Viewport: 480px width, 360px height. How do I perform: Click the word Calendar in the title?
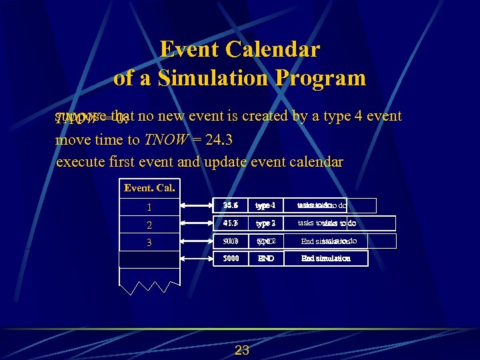(x=273, y=50)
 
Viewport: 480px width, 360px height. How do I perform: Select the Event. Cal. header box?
(x=149, y=188)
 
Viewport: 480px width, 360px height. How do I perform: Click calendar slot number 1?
(x=149, y=207)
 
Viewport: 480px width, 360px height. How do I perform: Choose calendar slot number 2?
(x=149, y=224)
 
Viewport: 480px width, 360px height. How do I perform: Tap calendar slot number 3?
(x=149, y=242)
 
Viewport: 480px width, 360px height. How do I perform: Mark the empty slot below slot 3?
(x=149, y=259)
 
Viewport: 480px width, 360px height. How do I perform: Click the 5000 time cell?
(x=231, y=258)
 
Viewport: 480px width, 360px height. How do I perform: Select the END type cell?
(x=265, y=258)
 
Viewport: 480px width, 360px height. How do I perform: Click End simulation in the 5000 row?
(x=325, y=258)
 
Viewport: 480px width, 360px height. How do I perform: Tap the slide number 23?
(x=241, y=350)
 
